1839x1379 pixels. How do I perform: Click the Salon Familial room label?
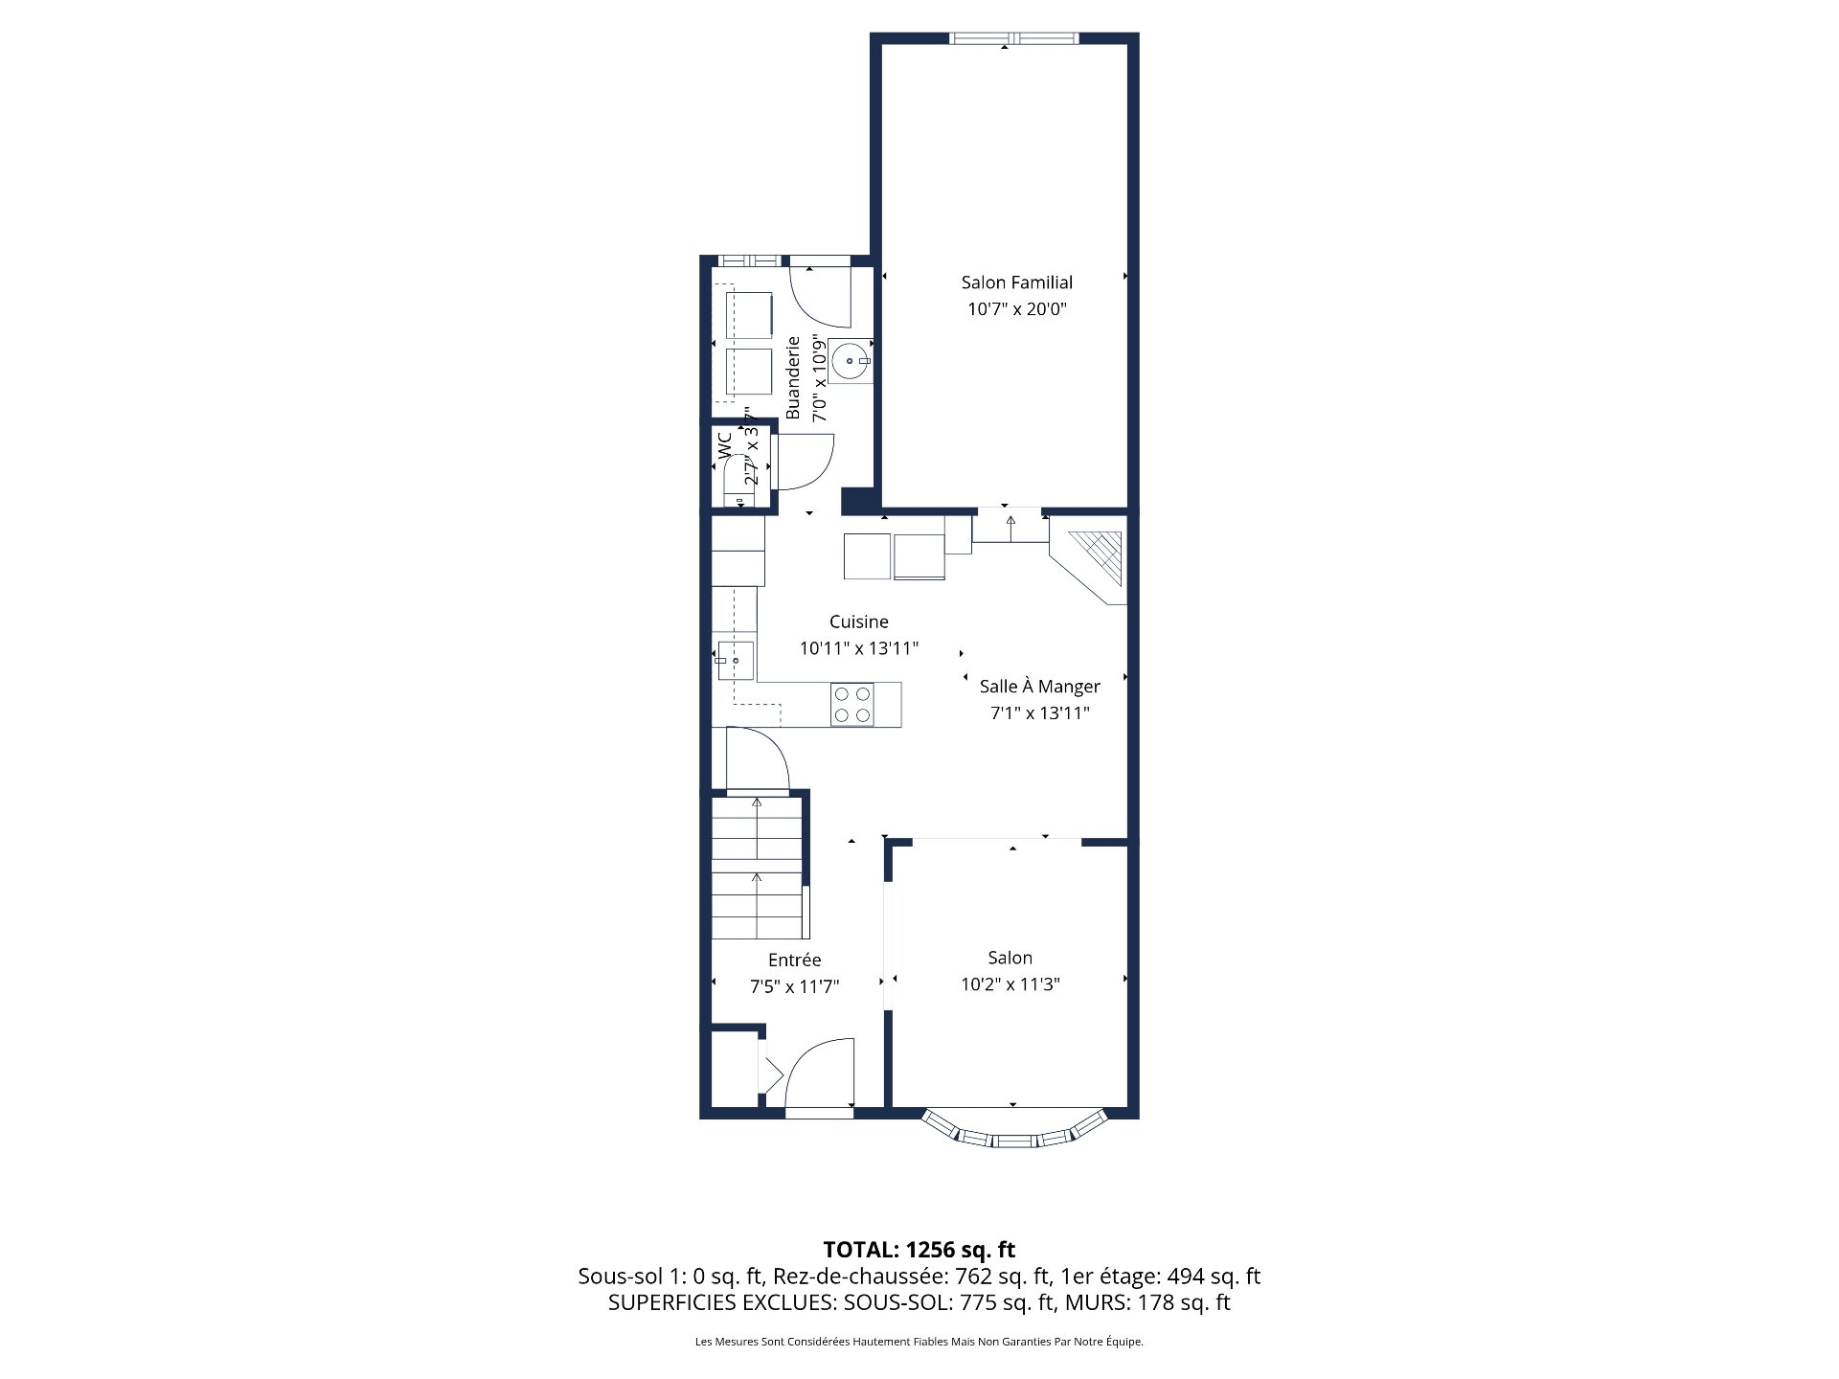(x=1016, y=283)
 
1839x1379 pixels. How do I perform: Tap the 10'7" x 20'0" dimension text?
(x=1016, y=309)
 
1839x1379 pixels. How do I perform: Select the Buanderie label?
(x=793, y=377)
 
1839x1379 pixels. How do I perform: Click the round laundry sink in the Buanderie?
(x=850, y=361)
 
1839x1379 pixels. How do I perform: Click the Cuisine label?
(x=858, y=622)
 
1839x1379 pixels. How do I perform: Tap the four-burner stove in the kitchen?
(x=851, y=705)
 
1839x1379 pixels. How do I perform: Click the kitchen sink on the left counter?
(x=735, y=661)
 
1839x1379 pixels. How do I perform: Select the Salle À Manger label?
(x=1039, y=687)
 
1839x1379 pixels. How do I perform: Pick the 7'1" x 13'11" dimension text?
(x=1039, y=713)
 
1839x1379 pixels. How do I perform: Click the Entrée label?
(x=794, y=960)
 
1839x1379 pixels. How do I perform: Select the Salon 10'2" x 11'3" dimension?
(x=1010, y=984)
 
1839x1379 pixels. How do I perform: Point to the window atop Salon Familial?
(x=1014, y=38)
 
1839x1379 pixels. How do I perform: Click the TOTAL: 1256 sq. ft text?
(x=919, y=1250)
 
